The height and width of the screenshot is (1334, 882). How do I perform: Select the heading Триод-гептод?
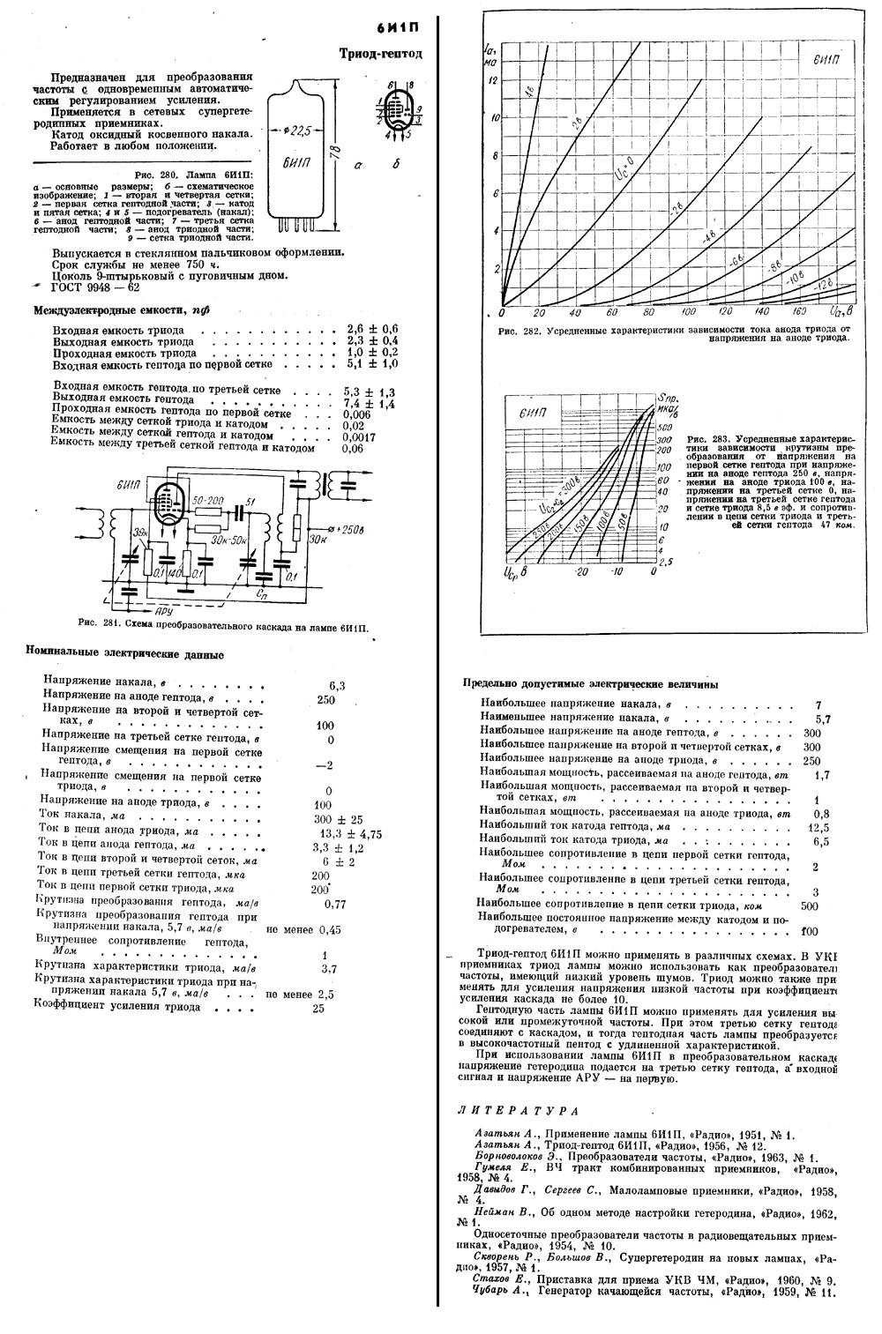click(x=380, y=54)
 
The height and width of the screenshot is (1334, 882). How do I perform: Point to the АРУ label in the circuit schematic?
click(x=164, y=609)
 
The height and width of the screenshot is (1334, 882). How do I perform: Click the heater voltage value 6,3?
click(x=337, y=685)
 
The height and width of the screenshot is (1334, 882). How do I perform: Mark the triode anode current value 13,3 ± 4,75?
click(x=350, y=834)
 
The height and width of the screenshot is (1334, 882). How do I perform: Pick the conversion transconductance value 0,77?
click(x=335, y=904)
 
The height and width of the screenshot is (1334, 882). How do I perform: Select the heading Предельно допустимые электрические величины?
click(x=589, y=683)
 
